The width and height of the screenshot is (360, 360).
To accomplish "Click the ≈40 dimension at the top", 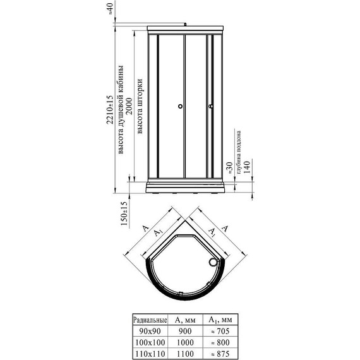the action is pyautogui.click(x=111, y=9).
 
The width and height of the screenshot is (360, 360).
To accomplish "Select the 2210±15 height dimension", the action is pyautogui.click(x=111, y=110).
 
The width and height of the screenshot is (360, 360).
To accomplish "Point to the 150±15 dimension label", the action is pyautogui.click(x=124, y=214).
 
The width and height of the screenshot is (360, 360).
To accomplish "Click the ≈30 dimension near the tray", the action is pyautogui.click(x=230, y=168).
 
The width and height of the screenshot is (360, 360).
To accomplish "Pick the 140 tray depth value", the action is pyautogui.click(x=246, y=167).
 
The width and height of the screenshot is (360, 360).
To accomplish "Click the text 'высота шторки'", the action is pyautogui.click(x=140, y=106).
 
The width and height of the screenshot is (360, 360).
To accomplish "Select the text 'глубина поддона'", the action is pyautogui.click(x=239, y=152).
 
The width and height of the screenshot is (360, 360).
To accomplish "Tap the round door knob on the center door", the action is pyautogui.click(x=181, y=106).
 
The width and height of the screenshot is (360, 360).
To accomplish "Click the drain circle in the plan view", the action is pyautogui.click(x=213, y=262).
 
